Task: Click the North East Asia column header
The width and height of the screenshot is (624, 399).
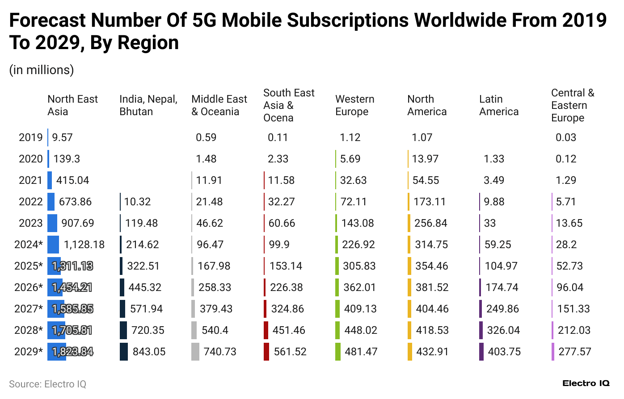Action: [x=72, y=105]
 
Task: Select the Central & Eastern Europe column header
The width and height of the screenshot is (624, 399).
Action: [x=573, y=105]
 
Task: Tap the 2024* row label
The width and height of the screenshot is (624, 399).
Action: [x=29, y=245]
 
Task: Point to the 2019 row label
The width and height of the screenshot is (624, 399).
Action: [x=31, y=137]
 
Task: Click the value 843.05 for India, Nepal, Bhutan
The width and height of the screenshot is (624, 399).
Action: [x=149, y=352]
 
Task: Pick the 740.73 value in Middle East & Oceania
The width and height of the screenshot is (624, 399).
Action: [x=220, y=352]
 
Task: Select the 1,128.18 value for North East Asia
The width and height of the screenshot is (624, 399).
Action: [x=84, y=245]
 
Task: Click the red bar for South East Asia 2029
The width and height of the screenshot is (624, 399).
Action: [x=266, y=352]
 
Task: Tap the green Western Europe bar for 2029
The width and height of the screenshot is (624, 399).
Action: [x=338, y=352]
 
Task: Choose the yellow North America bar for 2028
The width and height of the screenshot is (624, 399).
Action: [x=409, y=330]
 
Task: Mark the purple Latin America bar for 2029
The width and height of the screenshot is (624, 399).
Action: [x=481, y=352]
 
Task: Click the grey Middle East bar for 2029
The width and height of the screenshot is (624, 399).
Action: [x=195, y=352]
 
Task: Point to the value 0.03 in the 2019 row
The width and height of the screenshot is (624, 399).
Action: [x=566, y=137]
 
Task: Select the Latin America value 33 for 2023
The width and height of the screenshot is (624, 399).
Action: [x=490, y=223]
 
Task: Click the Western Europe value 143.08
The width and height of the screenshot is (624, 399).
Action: [x=358, y=223]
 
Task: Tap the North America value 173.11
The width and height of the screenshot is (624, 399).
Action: [x=430, y=202]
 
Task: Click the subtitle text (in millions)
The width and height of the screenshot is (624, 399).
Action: [x=42, y=70]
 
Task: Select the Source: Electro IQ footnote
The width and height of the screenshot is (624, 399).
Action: [x=47, y=384]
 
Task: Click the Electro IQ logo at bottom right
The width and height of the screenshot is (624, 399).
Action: [x=586, y=383]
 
